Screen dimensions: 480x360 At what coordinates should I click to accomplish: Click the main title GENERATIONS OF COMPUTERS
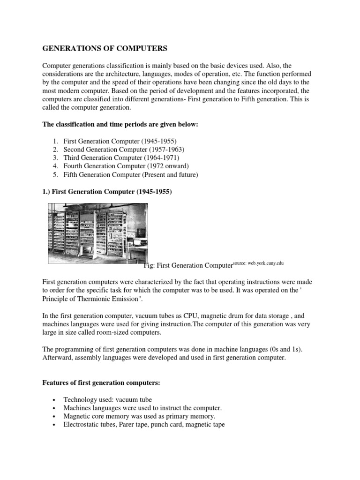click(105, 48)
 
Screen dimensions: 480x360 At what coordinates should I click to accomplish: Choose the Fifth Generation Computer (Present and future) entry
click(132, 175)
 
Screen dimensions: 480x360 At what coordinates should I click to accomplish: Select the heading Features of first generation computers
click(101, 383)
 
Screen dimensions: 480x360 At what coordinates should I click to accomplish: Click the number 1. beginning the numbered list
click(55, 141)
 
